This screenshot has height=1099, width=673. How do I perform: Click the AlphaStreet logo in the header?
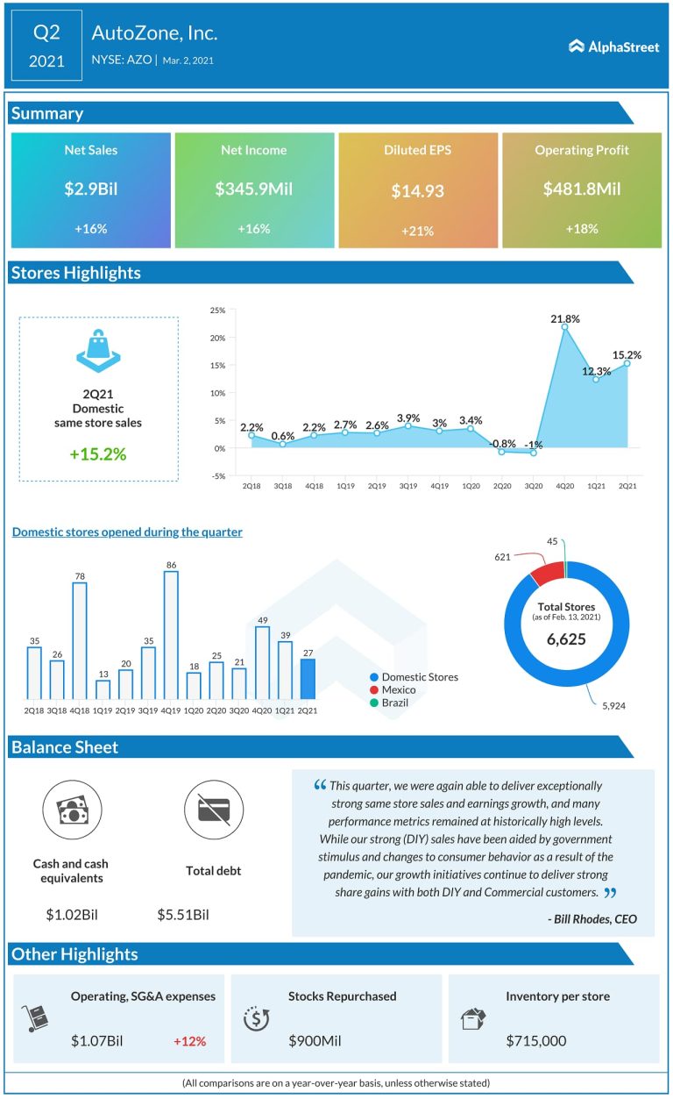[x=613, y=46]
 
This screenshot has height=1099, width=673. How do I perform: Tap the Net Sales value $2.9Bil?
[x=90, y=189]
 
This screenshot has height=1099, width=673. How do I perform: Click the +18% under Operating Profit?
[x=581, y=229]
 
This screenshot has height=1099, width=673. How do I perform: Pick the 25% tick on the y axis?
[x=217, y=310]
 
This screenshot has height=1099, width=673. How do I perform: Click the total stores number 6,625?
[x=567, y=639]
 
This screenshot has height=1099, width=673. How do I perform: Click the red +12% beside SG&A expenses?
[x=189, y=1041]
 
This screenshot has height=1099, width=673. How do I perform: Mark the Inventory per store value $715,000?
[x=535, y=1041]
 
